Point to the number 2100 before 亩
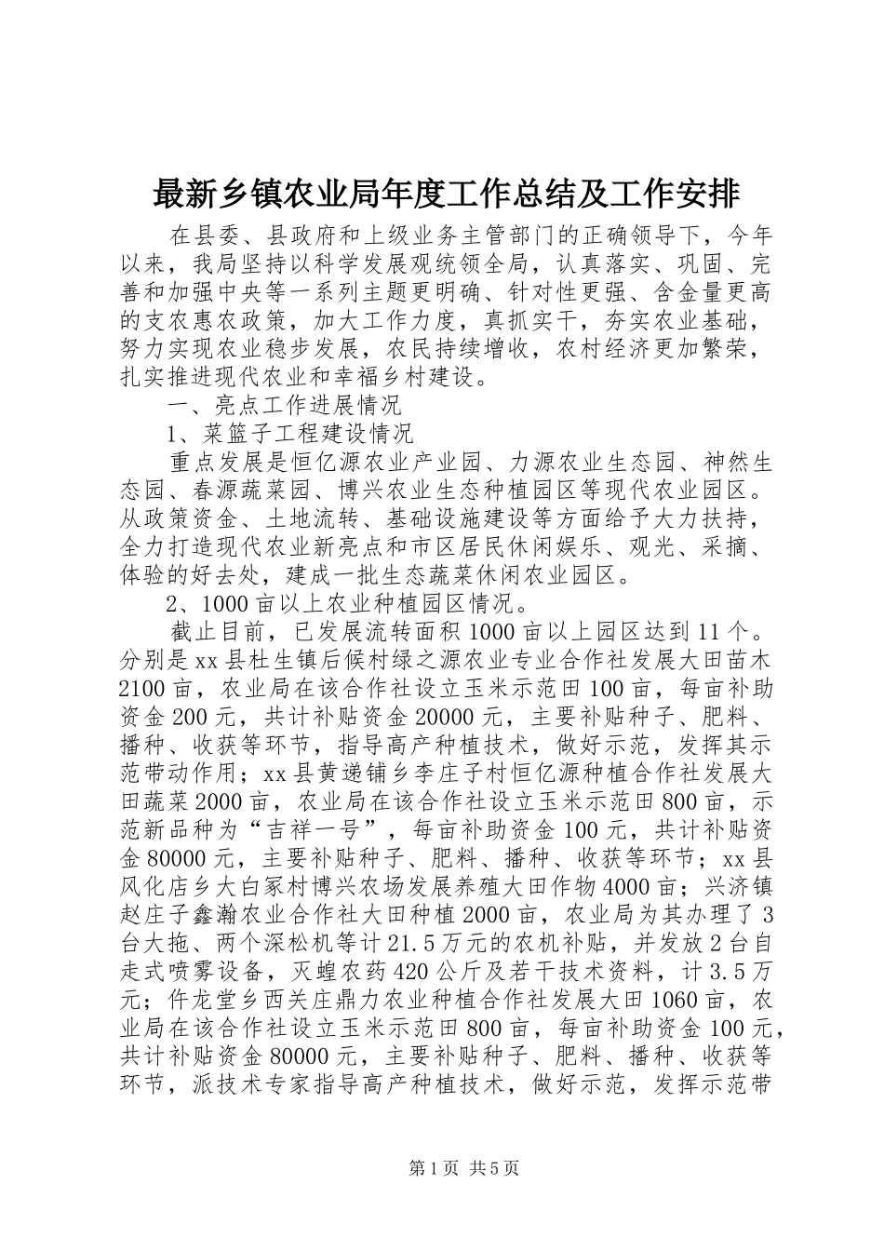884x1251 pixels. pos(145,688)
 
